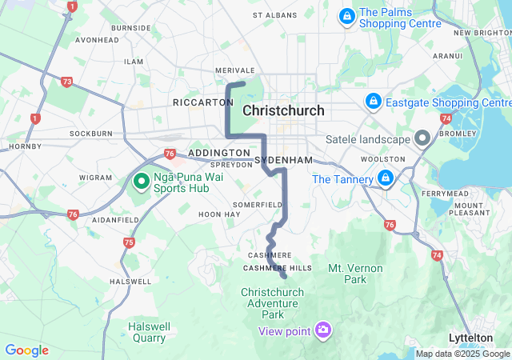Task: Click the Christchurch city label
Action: coord(283,110)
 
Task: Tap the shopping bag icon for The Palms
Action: coord(347,16)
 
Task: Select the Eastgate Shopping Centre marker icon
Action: coord(373,102)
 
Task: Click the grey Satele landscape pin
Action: coord(423,138)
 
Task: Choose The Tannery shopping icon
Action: coord(386,178)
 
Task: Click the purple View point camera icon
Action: coord(323,330)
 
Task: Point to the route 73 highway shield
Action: coord(66,81)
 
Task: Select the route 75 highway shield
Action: coord(130,242)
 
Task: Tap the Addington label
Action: coord(219,153)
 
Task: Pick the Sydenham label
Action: coord(283,160)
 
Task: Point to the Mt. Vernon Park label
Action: coord(355,274)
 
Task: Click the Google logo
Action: coord(26,350)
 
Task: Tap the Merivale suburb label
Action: coord(234,70)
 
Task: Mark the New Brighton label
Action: coord(482,33)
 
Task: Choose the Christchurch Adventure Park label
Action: coord(273,303)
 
